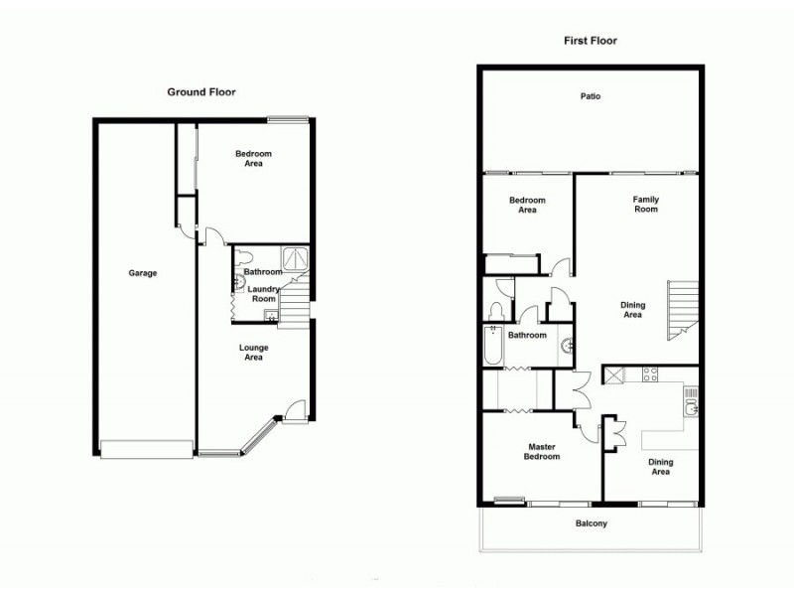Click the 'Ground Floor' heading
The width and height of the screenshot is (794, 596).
pyautogui.click(x=200, y=91)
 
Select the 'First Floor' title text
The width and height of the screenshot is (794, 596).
pyautogui.click(x=590, y=41)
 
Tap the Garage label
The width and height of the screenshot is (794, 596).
pyautogui.click(x=143, y=273)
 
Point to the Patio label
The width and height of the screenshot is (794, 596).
pyautogui.click(x=591, y=97)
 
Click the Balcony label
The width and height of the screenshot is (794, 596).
pyautogui.click(x=591, y=523)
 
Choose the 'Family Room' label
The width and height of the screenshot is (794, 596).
pyautogui.click(x=646, y=205)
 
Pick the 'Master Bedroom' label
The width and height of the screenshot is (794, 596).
pyautogui.click(x=542, y=452)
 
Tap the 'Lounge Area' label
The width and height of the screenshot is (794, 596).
pyautogui.click(x=253, y=353)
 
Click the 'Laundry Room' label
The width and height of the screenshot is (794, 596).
pyautogui.click(x=263, y=294)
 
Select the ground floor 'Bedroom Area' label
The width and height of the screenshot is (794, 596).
pyautogui.click(x=253, y=159)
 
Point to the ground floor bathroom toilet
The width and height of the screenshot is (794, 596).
pyautogui.click(x=239, y=282)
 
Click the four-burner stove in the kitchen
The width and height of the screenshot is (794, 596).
pyautogui.click(x=651, y=374)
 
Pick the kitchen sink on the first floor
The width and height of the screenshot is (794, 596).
pyautogui.click(x=691, y=406)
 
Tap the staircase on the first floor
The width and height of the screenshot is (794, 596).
pyautogui.click(x=682, y=309)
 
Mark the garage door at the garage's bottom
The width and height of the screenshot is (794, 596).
pyautogui.click(x=147, y=450)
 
